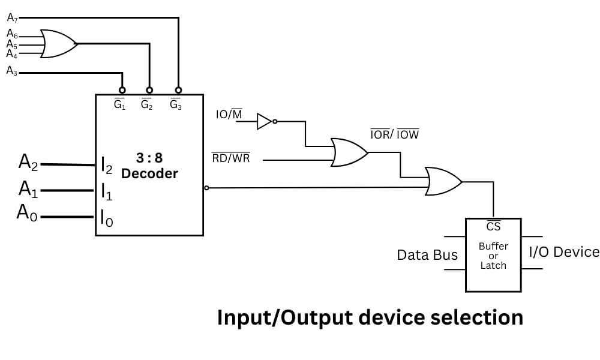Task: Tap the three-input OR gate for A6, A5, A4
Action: [x=58, y=44]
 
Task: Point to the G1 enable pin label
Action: [x=120, y=104]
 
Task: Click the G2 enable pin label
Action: [x=147, y=104]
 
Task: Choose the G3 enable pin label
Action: [x=176, y=104]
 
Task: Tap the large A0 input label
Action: [x=28, y=212]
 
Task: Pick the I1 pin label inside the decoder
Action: [x=106, y=193]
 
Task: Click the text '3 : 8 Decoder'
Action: [x=149, y=166]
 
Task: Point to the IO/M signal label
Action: [x=229, y=114]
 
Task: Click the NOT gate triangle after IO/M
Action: [x=265, y=122]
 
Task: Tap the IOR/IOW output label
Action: [x=394, y=135]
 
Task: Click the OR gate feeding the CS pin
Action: [x=443, y=181]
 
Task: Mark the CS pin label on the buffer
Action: [x=493, y=226]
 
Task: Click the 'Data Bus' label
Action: [x=427, y=255]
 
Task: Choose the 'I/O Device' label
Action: [x=563, y=251]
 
